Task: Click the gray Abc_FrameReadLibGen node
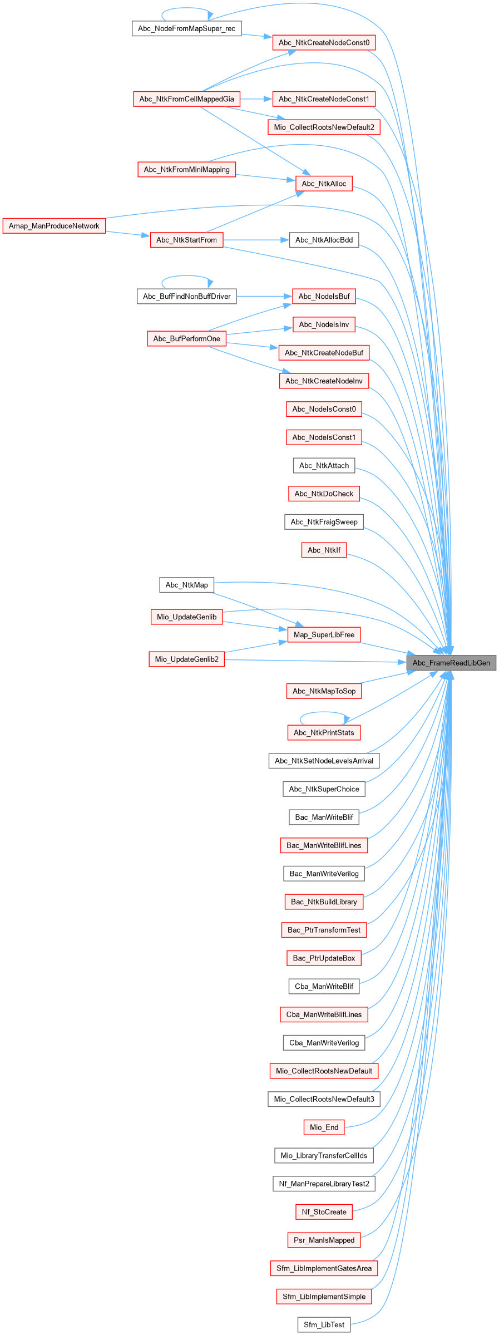pyautogui.click(x=451, y=663)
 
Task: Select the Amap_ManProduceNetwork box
pyautogui.click(x=54, y=226)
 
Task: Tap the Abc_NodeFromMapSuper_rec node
pyautogui.click(x=186, y=28)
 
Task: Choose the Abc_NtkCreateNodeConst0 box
pyautogui.click(x=324, y=43)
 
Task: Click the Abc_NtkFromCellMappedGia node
pyautogui.click(x=186, y=99)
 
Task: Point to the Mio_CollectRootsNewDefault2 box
pyautogui.click(x=324, y=127)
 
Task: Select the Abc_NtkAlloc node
pyautogui.click(x=324, y=184)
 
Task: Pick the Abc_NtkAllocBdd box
pyautogui.click(x=324, y=240)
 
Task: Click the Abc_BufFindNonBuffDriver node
pyautogui.click(x=186, y=297)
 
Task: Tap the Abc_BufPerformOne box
pyautogui.click(x=186, y=339)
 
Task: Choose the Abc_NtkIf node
pyautogui.click(x=324, y=550)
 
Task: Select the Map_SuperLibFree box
pyautogui.click(x=324, y=635)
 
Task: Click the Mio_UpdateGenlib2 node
pyautogui.click(x=186, y=659)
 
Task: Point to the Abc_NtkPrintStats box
pyautogui.click(x=324, y=733)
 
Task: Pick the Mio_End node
pyautogui.click(x=324, y=1127)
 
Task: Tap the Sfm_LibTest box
pyautogui.click(x=324, y=1325)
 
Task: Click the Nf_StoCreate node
pyautogui.click(x=324, y=1212)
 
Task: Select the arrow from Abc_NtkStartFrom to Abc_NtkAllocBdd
pyautogui.click(x=256, y=240)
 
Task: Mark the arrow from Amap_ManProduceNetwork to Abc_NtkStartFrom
pyautogui.click(x=128, y=234)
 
